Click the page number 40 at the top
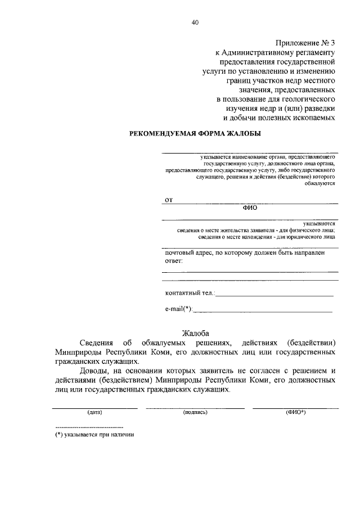195,22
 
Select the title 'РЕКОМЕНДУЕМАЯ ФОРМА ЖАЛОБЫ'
195,133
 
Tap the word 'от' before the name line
168,199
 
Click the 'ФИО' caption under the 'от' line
249,207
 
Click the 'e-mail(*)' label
179,309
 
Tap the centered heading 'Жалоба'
195,333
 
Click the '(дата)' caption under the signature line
94,412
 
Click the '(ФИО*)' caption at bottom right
295,412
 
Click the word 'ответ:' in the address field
174,261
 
